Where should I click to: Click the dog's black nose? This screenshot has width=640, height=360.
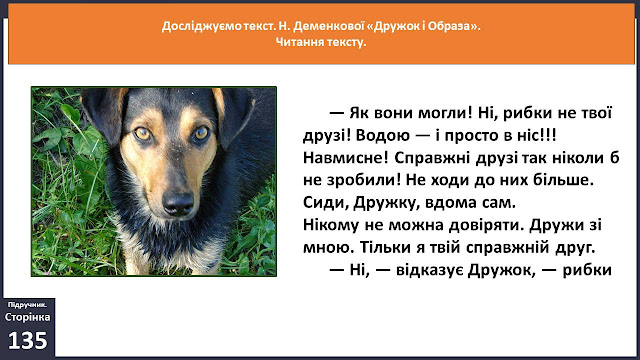[x=178, y=203]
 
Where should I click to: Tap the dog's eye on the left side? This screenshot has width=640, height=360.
[x=142, y=133]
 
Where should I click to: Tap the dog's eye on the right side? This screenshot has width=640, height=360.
[x=201, y=132]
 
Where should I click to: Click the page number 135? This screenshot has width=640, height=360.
[x=28, y=340]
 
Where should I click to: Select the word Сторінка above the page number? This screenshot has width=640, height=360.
[x=28, y=317]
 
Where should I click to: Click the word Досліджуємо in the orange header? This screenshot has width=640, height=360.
[x=202, y=27]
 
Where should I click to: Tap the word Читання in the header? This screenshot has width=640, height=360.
[x=297, y=42]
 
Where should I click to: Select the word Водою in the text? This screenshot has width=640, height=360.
[x=382, y=136]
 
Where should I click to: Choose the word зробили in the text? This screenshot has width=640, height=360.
[x=361, y=180]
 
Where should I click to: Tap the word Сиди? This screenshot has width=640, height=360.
[x=326, y=203]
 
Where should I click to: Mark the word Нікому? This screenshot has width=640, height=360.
[x=331, y=225]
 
